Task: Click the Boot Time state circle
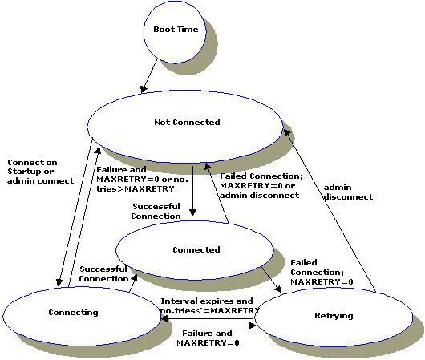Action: (176, 30)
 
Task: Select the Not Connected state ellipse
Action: (186, 123)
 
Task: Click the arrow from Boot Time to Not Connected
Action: (148, 76)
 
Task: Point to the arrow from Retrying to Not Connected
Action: (332, 209)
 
